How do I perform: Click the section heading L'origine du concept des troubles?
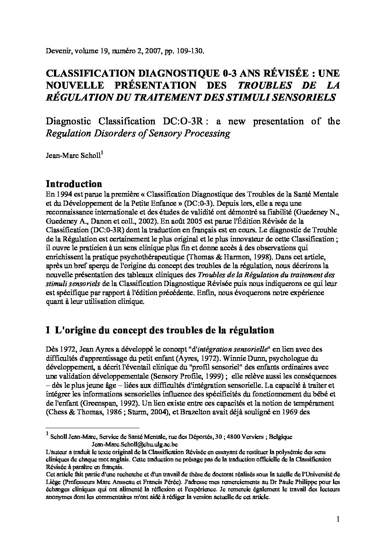pos(164,330)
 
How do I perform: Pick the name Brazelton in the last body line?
pos(231,413)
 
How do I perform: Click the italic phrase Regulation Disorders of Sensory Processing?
pos(138,133)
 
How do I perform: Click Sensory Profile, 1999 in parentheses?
pos(178,376)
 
